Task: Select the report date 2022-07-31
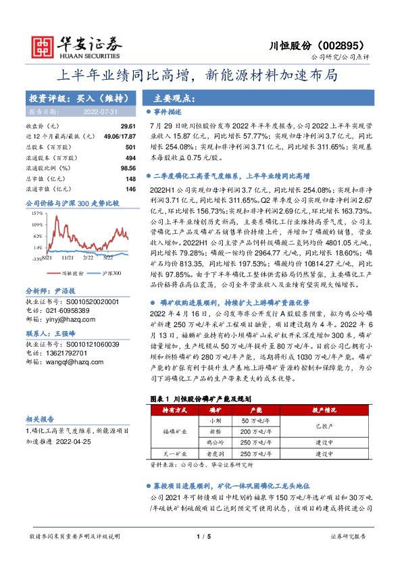[101, 112]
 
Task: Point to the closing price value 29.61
[128, 126]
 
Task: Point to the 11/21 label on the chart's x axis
[67, 257]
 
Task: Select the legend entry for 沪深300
[109, 273]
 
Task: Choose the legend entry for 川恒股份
[72, 273]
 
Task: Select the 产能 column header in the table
[256, 410]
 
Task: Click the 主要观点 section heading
[168, 97]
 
